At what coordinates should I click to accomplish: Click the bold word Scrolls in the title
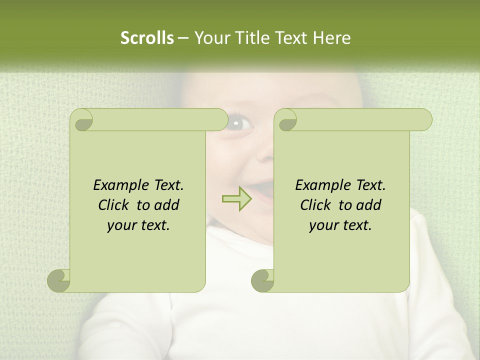[147, 38]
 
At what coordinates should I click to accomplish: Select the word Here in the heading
[331, 38]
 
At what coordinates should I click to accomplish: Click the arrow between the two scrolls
[237, 198]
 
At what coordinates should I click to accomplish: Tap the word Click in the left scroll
[115, 205]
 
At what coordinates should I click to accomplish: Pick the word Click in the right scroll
[317, 205]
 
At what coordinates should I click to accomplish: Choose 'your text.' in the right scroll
[340, 225]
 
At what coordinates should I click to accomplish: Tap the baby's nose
[265, 155]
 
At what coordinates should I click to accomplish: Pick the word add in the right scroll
[369, 205]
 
